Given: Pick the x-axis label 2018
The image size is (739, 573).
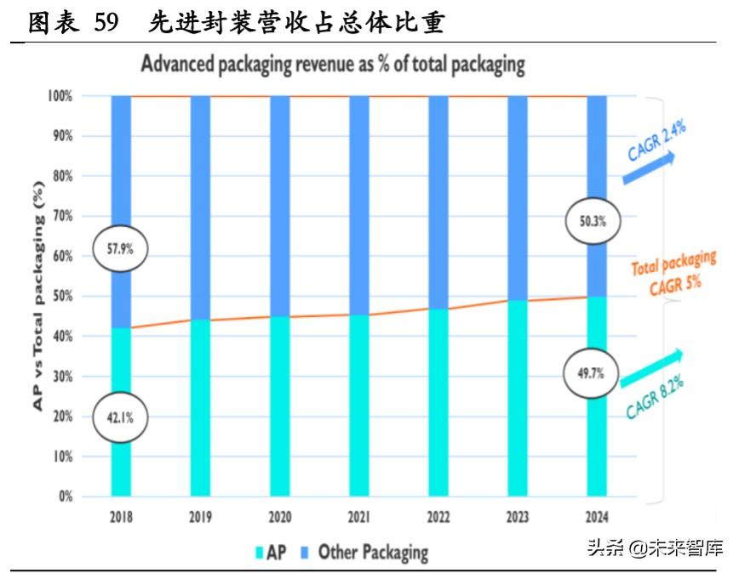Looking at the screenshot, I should (121, 516).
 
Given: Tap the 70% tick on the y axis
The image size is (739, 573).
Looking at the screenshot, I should (60, 217).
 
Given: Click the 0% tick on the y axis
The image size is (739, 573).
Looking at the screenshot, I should (65, 496).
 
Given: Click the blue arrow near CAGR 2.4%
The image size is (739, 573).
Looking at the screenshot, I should (648, 168).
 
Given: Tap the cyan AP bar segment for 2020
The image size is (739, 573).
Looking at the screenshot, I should (280, 406).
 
